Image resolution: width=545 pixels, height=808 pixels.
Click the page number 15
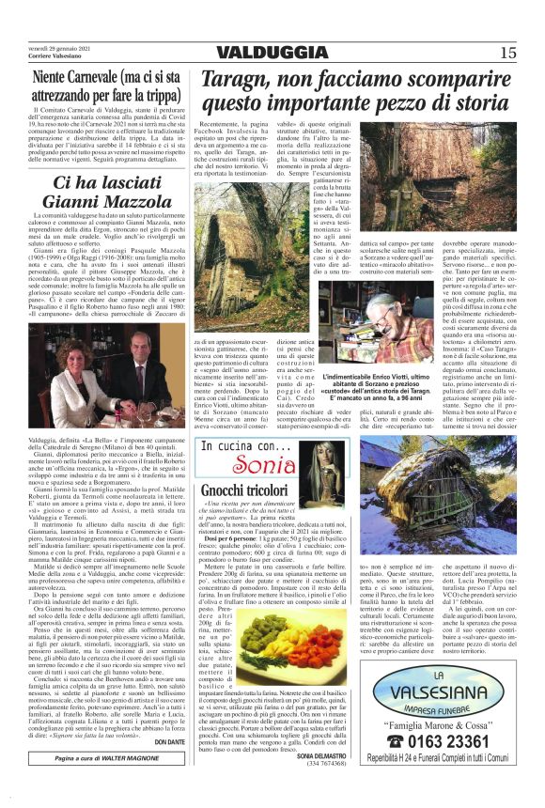point(508,53)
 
